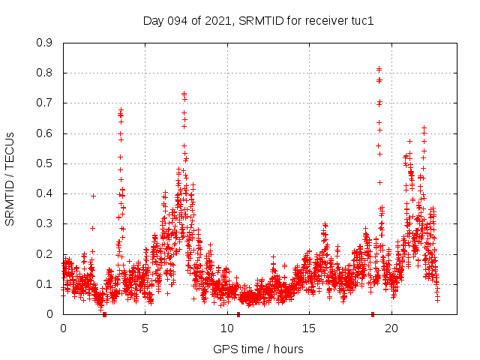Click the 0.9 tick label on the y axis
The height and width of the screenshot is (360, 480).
(45, 43)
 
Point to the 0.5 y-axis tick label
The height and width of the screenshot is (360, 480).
(45, 163)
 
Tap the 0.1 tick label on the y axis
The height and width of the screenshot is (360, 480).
(45, 284)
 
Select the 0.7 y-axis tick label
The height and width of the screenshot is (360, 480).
(45, 103)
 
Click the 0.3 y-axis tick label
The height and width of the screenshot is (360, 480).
(45, 223)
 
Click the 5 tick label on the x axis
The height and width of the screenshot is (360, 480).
(145, 328)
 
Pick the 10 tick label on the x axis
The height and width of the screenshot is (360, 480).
(227, 328)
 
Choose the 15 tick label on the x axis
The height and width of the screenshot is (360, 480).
(309, 328)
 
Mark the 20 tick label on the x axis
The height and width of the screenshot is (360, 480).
(391, 328)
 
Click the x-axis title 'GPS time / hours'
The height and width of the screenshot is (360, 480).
(258, 349)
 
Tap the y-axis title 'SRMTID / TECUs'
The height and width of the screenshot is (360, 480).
(10, 178)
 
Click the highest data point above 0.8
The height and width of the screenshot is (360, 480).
(379, 69)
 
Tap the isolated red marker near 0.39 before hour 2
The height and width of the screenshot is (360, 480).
(93, 196)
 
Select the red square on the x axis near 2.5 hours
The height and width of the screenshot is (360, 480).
(104, 314)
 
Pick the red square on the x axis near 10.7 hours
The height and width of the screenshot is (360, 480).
(238, 314)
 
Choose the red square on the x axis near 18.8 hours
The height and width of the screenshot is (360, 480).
(372, 314)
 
